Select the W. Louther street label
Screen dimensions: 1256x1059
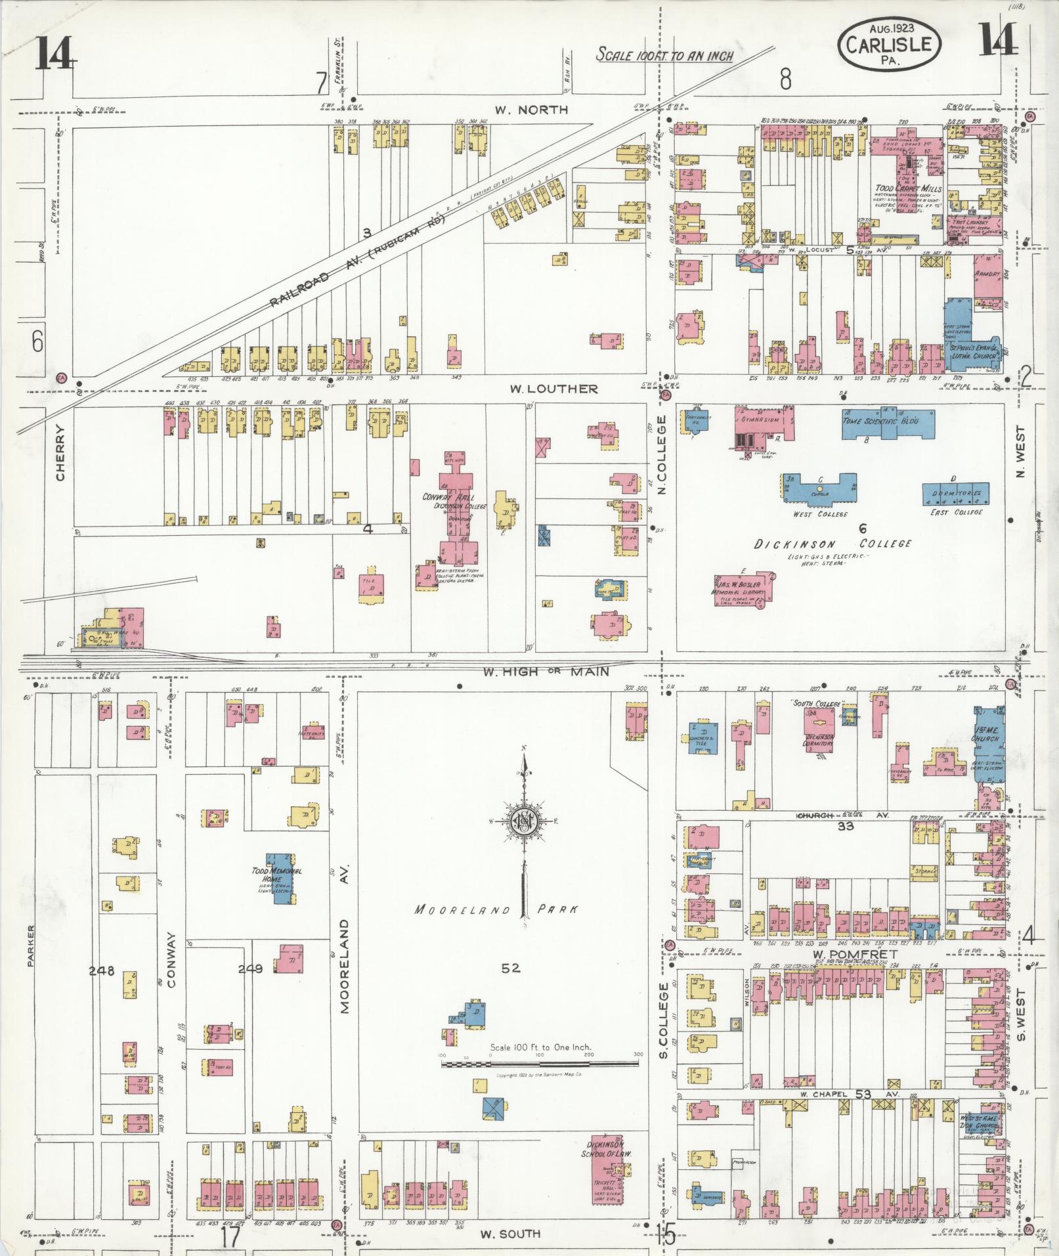(x=553, y=389)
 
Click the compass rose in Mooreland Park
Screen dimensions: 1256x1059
(x=524, y=822)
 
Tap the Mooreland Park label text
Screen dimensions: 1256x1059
(x=496, y=910)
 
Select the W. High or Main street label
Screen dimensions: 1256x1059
(x=545, y=672)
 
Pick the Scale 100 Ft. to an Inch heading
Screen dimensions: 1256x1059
(x=664, y=55)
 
